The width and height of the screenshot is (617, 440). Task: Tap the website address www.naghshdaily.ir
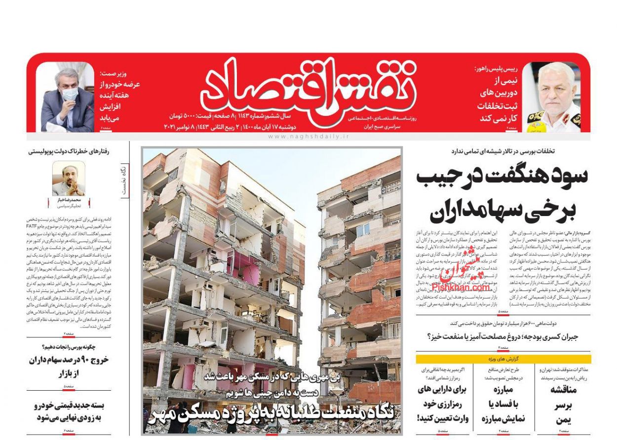[308, 137]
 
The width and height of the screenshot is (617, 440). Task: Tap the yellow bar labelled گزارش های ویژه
[503, 359]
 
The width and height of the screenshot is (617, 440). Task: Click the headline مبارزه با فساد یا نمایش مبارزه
[502, 404]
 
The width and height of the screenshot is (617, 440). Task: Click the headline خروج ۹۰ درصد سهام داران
[69, 366]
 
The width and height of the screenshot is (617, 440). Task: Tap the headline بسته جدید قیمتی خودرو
[69, 411]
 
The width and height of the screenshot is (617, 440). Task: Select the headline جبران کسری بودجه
[508, 336]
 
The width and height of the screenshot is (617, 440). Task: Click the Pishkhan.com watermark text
[461, 287]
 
